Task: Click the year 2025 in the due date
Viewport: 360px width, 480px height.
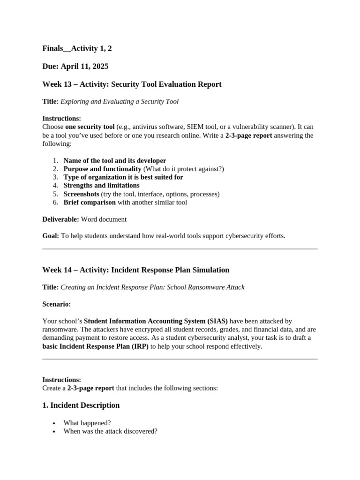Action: tap(101, 66)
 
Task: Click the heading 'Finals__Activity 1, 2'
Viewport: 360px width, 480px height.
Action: tap(77, 48)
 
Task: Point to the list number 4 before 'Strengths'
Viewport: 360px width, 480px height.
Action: tap(55, 186)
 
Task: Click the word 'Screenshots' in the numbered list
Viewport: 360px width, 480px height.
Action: tap(81, 194)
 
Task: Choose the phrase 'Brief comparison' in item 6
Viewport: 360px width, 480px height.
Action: tap(90, 202)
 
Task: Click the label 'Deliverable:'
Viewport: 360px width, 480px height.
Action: tap(60, 219)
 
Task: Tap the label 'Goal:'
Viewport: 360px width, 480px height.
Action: tap(51, 236)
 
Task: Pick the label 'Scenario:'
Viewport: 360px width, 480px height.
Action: tap(57, 304)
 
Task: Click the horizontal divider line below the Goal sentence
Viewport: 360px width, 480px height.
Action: tap(180, 249)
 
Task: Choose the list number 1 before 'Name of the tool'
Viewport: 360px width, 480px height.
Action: tap(55, 161)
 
